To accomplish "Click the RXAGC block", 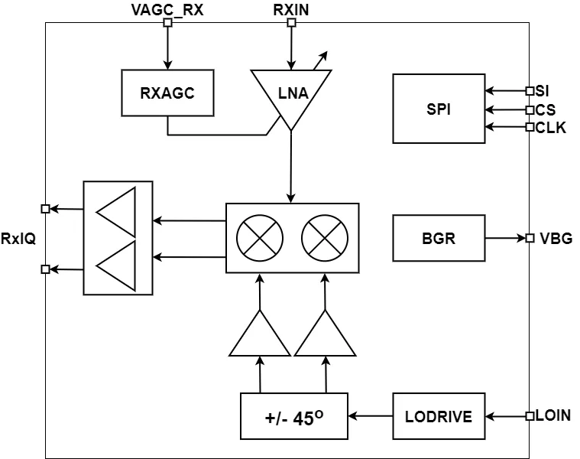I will [167, 93].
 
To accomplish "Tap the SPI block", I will [439, 109].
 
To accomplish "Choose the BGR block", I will [439, 238].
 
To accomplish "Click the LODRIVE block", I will [439, 417].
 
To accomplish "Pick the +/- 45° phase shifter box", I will [293, 417].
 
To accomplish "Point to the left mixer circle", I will [260, 238].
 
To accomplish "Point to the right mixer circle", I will [325, 238].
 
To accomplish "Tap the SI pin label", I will [543, 91].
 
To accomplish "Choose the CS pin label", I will [546, 109].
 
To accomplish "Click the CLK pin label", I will [551, 128].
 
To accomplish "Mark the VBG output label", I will [556, 238].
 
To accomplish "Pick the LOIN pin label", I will [553, 415].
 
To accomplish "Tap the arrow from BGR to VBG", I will [504, 238].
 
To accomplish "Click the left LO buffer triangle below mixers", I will [260, 335].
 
